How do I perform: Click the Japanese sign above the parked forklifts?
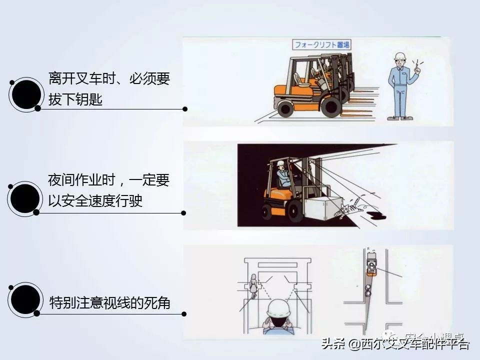pyautogui.click(x=322, y=44)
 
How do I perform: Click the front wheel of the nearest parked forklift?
pyautogui.click(x=330, y=106)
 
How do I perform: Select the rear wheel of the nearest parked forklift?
pyautogui.click(x=285, y=107)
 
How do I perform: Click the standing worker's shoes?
pyautogui.click(x=400, y=118)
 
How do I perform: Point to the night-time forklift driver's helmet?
pyautogui.click(x=281, y=163)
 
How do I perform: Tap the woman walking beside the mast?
pyautogui.click(x=253, y=286)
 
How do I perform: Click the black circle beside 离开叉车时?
pyautogui.click(x=26, y=93)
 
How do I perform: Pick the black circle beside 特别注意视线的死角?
pyautogui.click(x=25, y=299)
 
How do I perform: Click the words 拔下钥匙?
pyautogui.click(x=75, y=99)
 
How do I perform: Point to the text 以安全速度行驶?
pyautogui.click(x=95, y=200)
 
